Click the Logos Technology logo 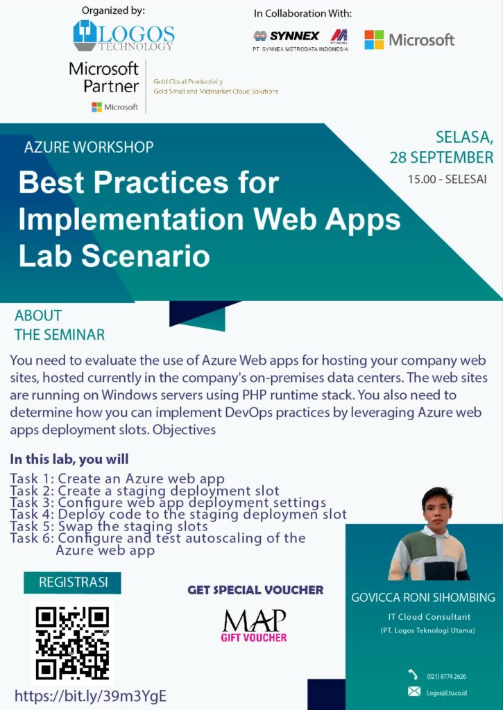click(123, 36)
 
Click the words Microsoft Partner click(104, 77)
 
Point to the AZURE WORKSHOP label click(89, 147)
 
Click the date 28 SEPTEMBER click(441, 157)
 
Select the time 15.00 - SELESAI click(447, 180)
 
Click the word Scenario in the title click(146, 255)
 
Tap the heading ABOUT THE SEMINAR click(60, 325)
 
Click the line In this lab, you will click(69, 459)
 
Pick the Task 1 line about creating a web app click(117, 478)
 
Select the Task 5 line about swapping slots click(109, 526)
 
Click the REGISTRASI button click(73, 582)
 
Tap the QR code click(73, 643)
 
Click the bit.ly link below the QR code click(91, 696)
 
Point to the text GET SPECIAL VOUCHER click(255, 590)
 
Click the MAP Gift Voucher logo click(254, 626)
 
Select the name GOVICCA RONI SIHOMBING click(423, 598)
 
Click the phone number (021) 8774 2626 click(446, 677)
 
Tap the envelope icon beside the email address click(414, 691)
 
